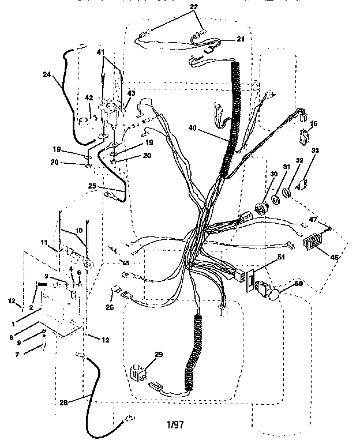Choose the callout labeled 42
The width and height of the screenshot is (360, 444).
[x=89, y=97]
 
